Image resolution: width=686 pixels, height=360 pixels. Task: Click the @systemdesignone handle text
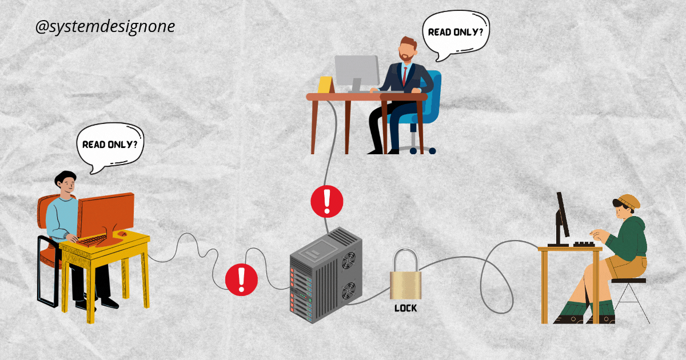105,27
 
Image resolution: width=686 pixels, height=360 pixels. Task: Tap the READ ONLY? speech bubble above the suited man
455,33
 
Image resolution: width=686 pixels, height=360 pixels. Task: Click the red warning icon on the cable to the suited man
327,201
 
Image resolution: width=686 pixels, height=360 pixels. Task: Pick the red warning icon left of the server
241,278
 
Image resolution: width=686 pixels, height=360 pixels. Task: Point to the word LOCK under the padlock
406,309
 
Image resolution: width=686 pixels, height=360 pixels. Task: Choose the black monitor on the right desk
563,216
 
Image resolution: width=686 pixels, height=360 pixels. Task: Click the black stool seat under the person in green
628,281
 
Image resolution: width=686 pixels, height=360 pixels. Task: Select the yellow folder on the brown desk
325,85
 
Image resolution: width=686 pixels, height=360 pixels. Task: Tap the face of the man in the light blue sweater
68,185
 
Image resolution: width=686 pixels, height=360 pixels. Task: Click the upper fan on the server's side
348,261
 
